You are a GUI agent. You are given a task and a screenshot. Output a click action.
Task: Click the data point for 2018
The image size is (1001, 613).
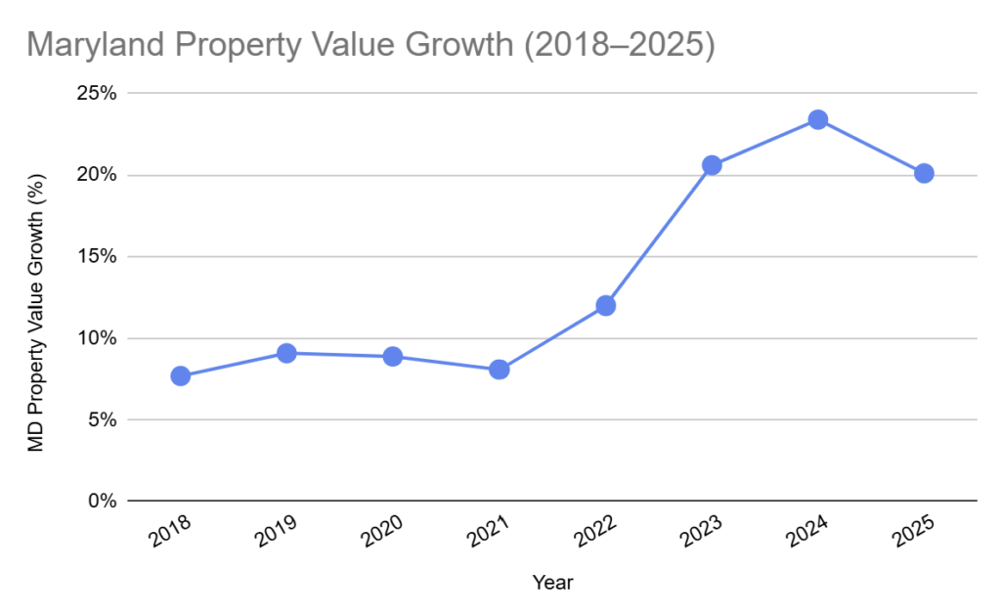click(x=180, y=375)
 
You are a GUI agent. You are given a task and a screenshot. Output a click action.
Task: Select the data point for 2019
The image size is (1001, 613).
click(x=286, y=353)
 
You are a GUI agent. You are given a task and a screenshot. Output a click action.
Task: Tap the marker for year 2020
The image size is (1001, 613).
click(x=392, y=356)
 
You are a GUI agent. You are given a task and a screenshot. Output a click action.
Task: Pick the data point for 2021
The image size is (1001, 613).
click(x=499, y=370)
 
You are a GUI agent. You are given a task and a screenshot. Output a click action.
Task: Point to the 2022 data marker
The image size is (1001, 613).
click(x=605, y=305)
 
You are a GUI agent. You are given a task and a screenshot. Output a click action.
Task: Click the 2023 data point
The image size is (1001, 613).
click(x=712, y=165)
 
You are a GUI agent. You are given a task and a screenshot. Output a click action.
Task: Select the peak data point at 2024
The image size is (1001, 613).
click(x=818, y=119)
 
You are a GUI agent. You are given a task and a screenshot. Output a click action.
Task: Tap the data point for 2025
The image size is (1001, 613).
click(x=924, y=173)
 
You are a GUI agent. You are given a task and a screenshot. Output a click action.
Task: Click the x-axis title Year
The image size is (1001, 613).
click(x=552, y=583)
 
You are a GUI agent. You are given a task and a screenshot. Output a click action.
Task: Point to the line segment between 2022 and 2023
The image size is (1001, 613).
click(x=659, y=235)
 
